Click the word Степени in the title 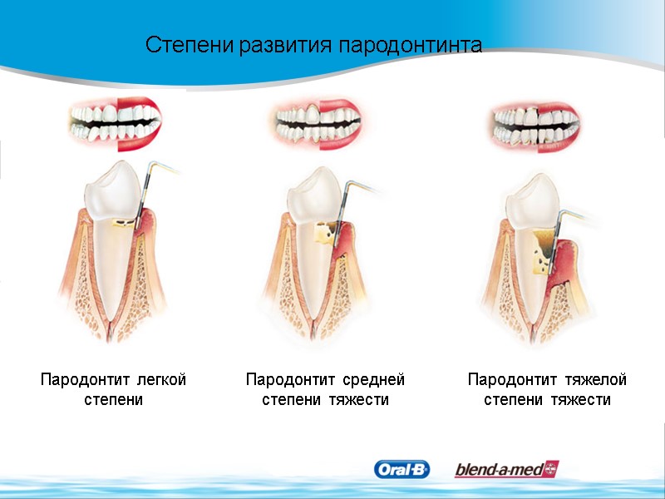click(190, 45)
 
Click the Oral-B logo click(402, 470)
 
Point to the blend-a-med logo click(506, 470)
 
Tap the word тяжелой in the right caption click(594, 380)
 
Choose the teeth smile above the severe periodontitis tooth click(531, 122)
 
